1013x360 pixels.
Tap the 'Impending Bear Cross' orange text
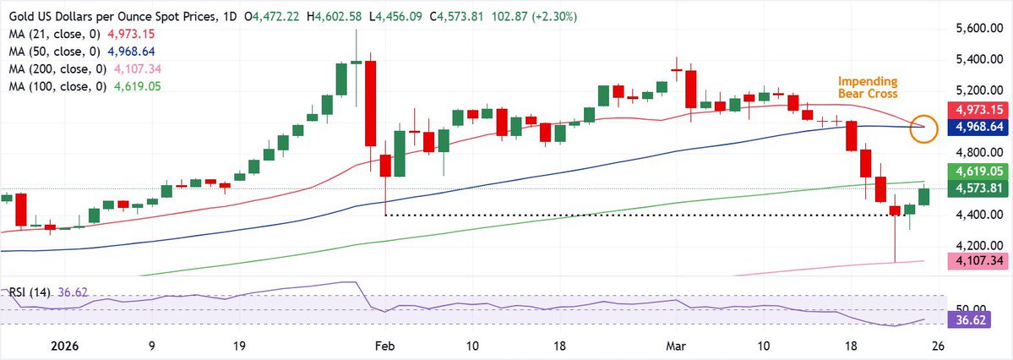867,87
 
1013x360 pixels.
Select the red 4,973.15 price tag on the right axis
980,111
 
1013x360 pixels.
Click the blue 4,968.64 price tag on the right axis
980,127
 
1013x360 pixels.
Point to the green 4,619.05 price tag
980,171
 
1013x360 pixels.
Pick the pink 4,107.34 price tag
980,262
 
